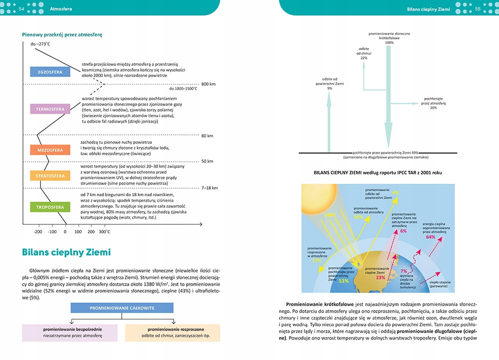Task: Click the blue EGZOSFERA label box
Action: tap(50, 72)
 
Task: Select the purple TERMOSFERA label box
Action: tap(49, 109)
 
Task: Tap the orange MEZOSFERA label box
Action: tap(49, 150)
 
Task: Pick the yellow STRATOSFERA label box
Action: tap(49, 176)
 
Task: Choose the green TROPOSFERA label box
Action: tap(49, 207)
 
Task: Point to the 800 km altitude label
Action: tap(208, 84)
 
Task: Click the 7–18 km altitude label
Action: tap(209, 188)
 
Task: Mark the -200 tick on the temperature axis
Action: tap(38, 232)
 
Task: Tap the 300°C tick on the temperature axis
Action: tap(104, 232)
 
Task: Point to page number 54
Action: tap(21, 8)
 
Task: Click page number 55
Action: tap(478, 8)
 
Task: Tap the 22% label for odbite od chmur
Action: tap(364, 58)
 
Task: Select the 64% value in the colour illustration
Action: tap(431, 237)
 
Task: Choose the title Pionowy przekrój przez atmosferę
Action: tap(62, 35)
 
